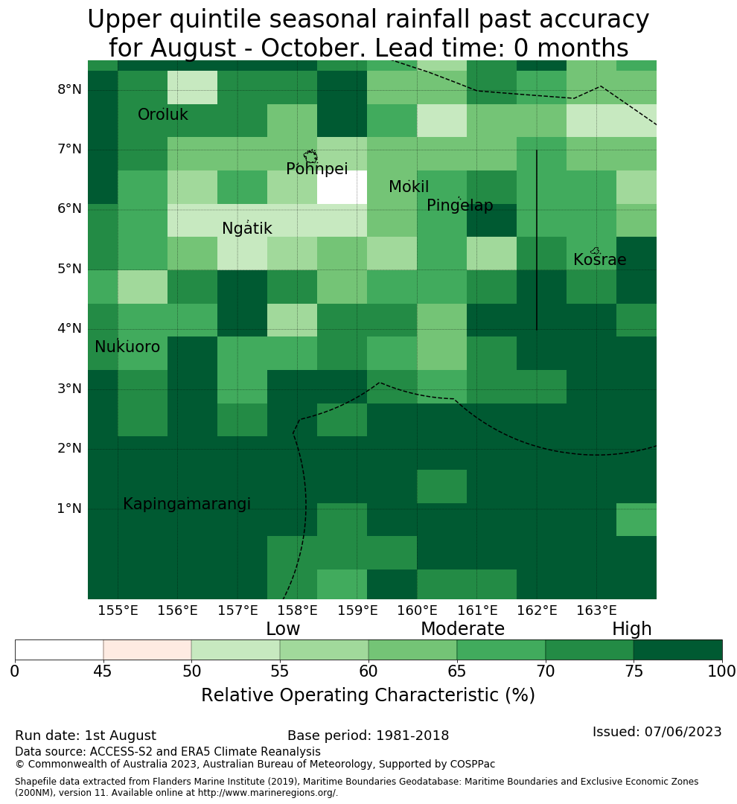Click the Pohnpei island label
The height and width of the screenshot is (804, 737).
pyautogui.click(x=316, y=169)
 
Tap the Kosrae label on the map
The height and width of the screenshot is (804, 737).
pyautogui.click(x=599, y=260)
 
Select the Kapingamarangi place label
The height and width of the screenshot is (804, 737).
pyautogui.click(x=187, y=504)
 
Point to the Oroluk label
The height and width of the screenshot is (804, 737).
pyautogui.click(x=162, y=115)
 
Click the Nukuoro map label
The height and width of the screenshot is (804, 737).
pyautogui.click(x=127, y=347)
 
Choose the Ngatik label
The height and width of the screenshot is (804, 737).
pyautogui.click(x=246, y=229)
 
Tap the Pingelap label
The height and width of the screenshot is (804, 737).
pyautogui.click(x=459, y=205)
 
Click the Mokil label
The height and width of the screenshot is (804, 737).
pyautogui.click(x=408, y=187)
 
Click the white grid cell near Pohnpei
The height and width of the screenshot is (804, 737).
pyautogui.click(x=342, y=187)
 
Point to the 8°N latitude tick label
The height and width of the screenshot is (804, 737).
pyautogui.click(x=69, y=90)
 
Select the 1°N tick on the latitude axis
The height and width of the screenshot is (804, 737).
pyautogui.click(x=69, y=508)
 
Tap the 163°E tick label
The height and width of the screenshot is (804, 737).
pyautogui.click(x=596, y=610)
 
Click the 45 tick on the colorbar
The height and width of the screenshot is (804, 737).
pyautogui.click(x=103, y=671)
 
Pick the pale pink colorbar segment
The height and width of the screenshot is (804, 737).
pyautogui.click(x=147, y=650)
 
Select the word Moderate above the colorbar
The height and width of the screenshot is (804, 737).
pyautogui.click(x=462, y=628)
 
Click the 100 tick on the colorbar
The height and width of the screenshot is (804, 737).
pyautogui.click(x=722, y=671)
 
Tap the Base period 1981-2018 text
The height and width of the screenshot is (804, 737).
pyautogui.click(x=368, y=736)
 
